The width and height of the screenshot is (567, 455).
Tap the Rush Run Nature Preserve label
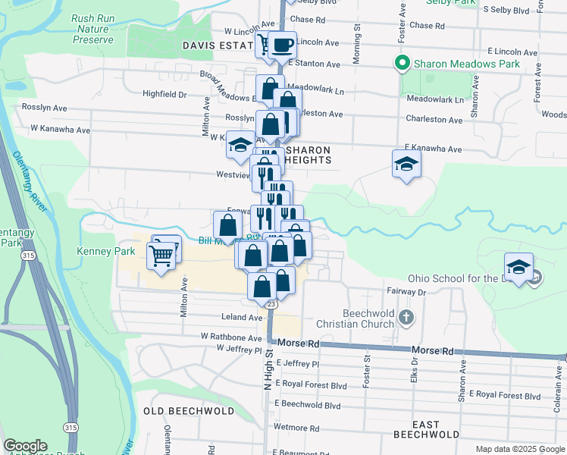[x=92, y=29]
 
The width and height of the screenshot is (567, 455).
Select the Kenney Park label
[x=105, y=250]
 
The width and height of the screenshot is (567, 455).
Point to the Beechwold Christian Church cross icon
[x=406, y=316]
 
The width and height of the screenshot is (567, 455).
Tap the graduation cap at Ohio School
[x=518, y=267]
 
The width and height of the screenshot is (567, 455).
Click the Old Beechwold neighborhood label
[x=189, y=410]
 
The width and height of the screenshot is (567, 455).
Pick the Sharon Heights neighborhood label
[x=308, y=155]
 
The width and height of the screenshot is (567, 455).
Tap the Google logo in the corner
[x=25, y=446]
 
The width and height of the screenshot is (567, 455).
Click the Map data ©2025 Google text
[x=519, y=449]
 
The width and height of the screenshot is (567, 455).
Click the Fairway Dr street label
[x=406, y=291]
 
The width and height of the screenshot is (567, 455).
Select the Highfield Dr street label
[x=164, y=94]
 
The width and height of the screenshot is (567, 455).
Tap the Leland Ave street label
[x=243, y=317]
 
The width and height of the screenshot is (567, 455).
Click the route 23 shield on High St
[x=271, y=304]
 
